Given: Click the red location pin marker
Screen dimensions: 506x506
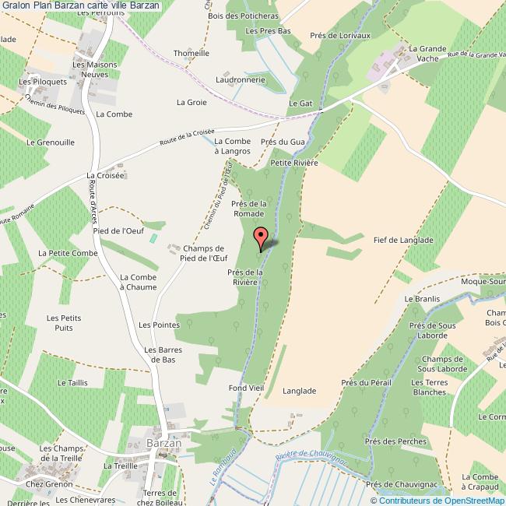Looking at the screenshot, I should click(x=262, y=237).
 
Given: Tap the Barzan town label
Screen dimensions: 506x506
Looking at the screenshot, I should click(x=163, y=443).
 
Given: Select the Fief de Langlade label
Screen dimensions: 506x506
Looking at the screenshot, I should click(x=402, y=241).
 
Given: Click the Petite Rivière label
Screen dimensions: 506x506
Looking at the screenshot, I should click(x=294, y=163).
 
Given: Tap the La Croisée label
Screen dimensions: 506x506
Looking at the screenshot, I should click(x=106, y=176).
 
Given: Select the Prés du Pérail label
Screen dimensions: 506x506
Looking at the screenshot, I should click(x=365, y=383).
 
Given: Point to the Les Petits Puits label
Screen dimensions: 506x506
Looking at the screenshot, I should click(x=64, y=323).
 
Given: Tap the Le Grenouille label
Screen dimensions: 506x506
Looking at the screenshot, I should click(x=51, y=142).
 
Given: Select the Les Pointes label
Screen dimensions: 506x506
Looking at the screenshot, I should click(x=155, y=325).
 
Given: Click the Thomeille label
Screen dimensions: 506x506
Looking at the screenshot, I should click(x=192, y=53).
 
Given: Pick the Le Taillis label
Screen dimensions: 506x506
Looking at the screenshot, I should click(x=72, y=383).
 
